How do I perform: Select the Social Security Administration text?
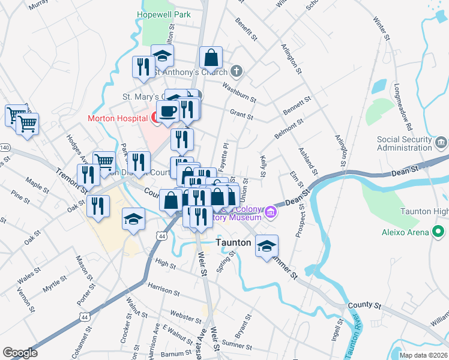pos(404,144)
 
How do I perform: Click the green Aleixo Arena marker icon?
pos(439,232)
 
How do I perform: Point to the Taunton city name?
pos(233,243)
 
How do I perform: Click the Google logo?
pos(20,353)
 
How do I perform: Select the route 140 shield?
pos(5,147)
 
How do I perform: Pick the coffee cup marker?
pos(167,112)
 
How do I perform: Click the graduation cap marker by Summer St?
pos(267,246)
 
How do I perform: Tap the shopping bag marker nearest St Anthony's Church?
pos(211,58)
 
